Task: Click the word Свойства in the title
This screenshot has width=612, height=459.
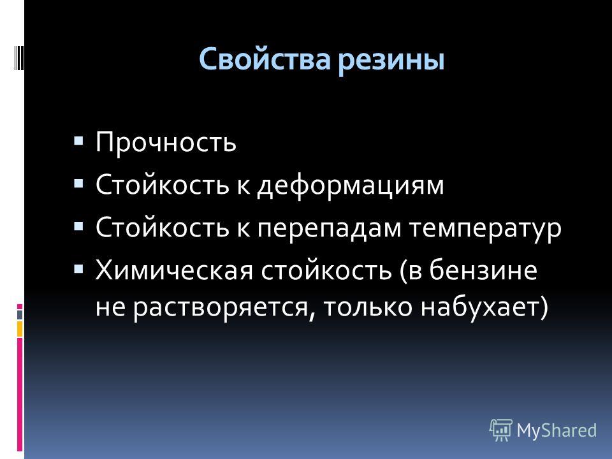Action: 265,59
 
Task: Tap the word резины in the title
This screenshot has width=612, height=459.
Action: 391,62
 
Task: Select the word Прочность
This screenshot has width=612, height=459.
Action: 166,142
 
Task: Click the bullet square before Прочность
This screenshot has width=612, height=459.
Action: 78,140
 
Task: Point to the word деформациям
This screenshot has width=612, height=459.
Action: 351,186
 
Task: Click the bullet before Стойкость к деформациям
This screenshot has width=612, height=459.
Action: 78,184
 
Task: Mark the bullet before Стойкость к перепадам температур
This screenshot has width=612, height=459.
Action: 78,226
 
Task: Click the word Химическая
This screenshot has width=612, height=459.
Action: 174,270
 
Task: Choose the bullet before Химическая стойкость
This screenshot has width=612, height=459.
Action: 78,269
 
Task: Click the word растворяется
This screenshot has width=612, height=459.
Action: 221,308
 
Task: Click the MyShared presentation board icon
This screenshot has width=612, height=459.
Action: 501,430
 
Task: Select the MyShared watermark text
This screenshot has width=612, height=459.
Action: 556,430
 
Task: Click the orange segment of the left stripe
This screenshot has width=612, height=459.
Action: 20,329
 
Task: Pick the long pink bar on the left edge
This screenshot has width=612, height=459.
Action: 20,394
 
